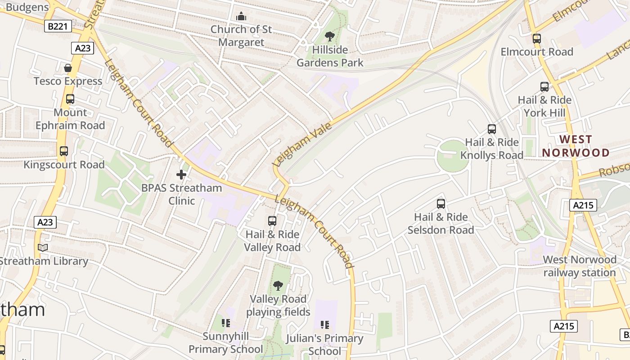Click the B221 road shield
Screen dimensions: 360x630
[58, 27]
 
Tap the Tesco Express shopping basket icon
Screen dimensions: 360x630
[68, 68]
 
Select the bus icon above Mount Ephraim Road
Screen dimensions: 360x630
[70, 99]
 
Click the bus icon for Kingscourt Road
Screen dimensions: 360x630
[64, 151]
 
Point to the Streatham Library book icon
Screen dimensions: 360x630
[43, 247]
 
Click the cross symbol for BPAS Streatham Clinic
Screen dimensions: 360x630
[181, 175]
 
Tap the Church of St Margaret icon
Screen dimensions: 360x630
[242, 16]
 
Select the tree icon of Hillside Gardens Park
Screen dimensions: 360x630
[330, 36]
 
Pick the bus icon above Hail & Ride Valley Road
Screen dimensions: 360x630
[272, 221]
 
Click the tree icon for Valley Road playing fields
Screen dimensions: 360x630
[278, 285]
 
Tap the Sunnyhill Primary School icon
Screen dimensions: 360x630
[226, 323]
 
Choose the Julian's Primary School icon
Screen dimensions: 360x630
[324, 324]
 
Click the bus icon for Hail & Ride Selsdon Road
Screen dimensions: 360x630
[441, 204]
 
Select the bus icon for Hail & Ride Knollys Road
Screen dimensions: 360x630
[492, 129]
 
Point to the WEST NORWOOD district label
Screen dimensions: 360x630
[576, 146]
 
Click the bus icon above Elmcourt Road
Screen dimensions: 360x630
[536, 39]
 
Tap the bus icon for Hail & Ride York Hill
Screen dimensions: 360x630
[544, 87]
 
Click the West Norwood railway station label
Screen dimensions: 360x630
[580, 266]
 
